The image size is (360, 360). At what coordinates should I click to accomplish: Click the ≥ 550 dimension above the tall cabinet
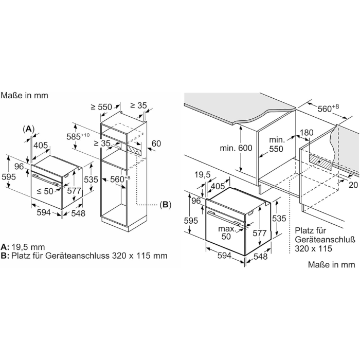point(101,107)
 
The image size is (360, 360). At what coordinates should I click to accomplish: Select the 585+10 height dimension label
point(78,136)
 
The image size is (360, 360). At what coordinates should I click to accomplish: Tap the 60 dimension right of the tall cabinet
point(156,143)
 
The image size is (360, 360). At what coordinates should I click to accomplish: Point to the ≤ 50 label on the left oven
point(45,191)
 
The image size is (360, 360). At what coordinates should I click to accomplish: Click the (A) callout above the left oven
point(28,129)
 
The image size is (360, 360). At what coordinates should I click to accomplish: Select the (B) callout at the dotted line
point(166,205)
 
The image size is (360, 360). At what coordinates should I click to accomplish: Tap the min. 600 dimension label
point(236,148)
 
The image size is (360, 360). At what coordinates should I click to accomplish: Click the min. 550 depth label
point(277,145)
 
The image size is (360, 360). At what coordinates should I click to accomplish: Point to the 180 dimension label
point(307,133)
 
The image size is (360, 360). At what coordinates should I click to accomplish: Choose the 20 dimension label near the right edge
point(354,185)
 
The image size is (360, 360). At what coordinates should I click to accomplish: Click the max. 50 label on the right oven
point(227,232)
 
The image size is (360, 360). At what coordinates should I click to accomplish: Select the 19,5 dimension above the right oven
point(203,175)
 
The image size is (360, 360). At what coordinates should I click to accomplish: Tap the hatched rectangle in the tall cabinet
point(134,150)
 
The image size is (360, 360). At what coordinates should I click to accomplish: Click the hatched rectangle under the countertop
point(320,161)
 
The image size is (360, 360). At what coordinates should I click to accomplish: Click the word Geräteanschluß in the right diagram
point(325,240)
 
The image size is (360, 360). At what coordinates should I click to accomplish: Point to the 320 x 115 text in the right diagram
point(313,248)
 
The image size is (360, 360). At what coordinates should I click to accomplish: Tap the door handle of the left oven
point(45,179)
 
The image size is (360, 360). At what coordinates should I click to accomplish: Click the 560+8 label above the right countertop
point(328,108)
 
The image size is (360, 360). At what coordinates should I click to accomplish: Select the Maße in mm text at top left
point(24,95)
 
